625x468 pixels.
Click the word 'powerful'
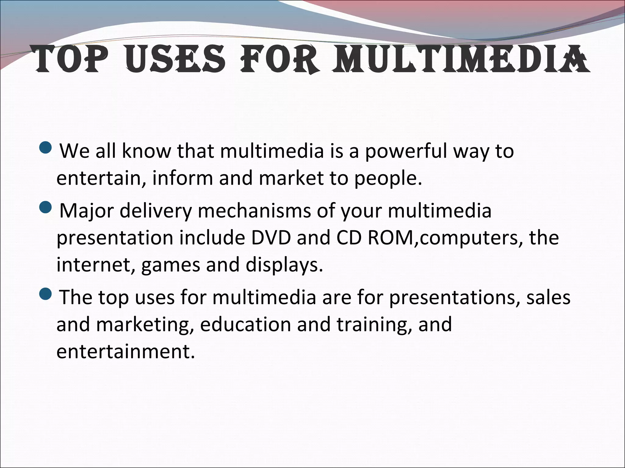pyautogui.click(x=406, y=151)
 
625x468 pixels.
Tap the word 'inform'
pyautogui.click(x=182, y=178)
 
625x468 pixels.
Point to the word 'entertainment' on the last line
pyautogui.click(x=125, y=352)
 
